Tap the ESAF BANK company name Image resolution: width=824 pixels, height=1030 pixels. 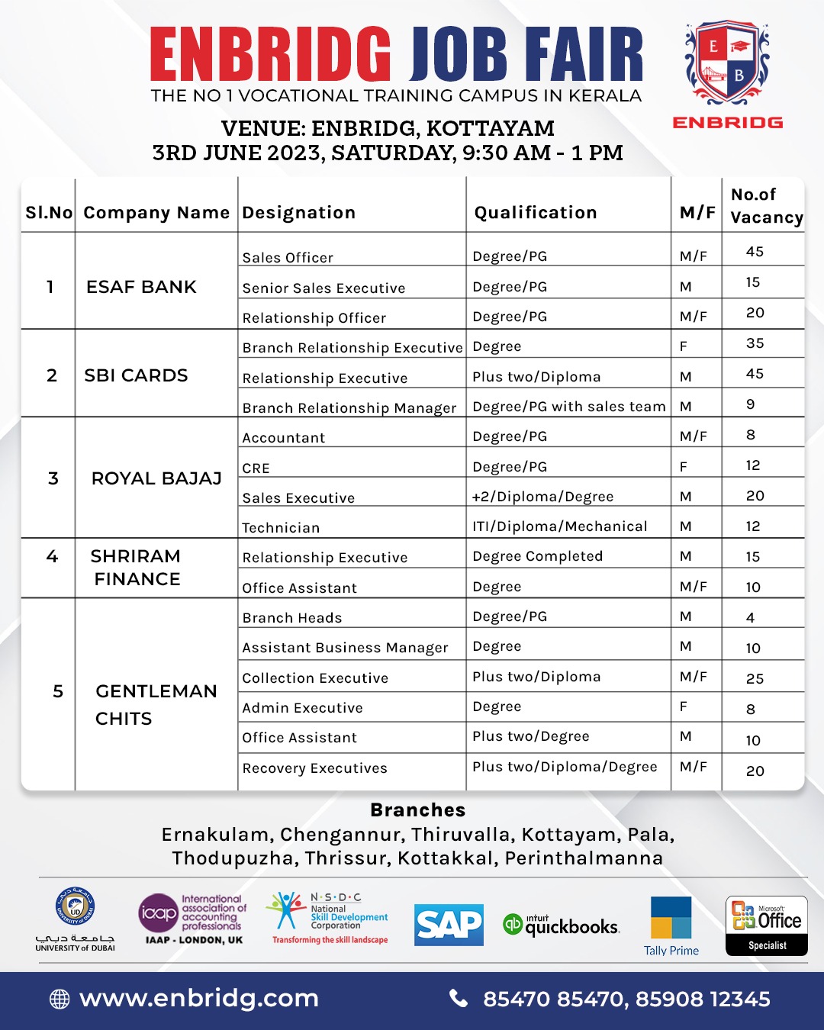pyautogui.click(x=141, y=287)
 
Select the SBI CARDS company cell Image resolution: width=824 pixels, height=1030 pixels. pyautogui.click(x=136, y=375)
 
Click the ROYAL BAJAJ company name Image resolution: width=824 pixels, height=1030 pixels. pyautogui.click(x=156, y=478)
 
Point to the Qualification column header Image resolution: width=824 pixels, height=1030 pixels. pyautogui.click(x=536, y=213)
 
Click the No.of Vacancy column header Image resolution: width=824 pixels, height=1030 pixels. pyautogui.click(x=765, y=206)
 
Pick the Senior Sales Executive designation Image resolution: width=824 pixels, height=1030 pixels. pyautogui.click(x=323, y=288)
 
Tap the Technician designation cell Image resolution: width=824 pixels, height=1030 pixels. pyautogui.click(x=281, y=528)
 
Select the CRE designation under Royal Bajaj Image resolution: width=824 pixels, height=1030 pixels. pyautogui.click(x=256, y=468)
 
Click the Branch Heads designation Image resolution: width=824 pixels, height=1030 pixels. pyautogui.click(x=292, y=618)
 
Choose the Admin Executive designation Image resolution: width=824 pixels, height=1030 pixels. pyautogui.click(x=302, y=708)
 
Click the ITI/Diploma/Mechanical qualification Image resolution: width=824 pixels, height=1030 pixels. pyautogui.click(x=560, y=526)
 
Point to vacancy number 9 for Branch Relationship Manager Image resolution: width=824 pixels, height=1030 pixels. pyautogui.click(x=751, y=404)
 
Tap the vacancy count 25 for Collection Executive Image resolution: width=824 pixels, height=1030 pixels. pyautogui.click(x=755, y=679)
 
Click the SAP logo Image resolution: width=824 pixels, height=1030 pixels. pyautogui.click(x=449, y=925)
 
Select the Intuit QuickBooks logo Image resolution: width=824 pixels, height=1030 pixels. pyautogui.click(x=562, y=925)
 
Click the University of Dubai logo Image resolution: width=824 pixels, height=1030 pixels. pyautogui.click(x=76, y=919)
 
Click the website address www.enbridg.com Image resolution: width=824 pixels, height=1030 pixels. pyautogui.click(x=198, y=999)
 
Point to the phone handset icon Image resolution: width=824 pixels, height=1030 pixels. pyautogui.click(x=459, y=999)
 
